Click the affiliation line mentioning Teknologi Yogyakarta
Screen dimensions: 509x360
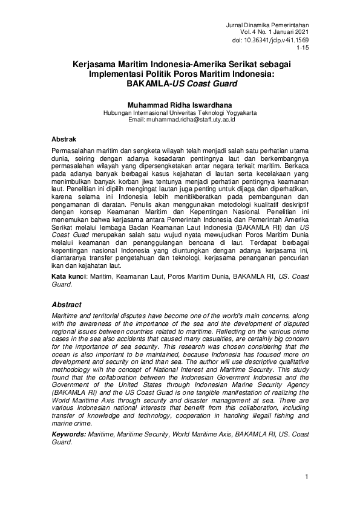[x=180, y=112]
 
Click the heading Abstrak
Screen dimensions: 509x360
[x=64, y=139]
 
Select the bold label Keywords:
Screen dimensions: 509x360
[x=68, y=434]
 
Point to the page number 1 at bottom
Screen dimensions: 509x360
[x=307, y=478]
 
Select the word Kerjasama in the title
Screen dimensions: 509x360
[x=98, y=63]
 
